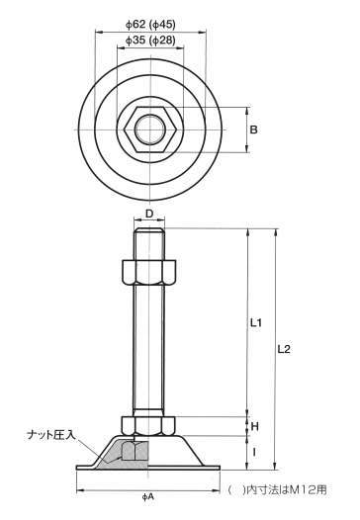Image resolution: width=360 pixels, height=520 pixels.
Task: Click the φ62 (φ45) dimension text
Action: [150, 24]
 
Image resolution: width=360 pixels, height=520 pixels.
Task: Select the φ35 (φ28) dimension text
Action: [150, 41]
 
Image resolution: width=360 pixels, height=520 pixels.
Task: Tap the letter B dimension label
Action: [253, 130]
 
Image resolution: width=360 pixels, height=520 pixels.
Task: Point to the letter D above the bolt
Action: [149, 214]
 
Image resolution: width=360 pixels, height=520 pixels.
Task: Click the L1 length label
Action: [256, 322]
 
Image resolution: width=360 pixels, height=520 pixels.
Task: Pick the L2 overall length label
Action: [284, 349]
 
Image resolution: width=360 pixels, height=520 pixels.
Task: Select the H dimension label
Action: [254, 426]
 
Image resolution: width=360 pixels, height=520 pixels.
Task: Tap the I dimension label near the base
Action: [254, 452]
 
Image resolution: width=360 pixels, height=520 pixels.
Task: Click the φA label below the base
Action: [147, 496]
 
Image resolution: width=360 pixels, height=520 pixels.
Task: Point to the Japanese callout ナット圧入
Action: [51, 435]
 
